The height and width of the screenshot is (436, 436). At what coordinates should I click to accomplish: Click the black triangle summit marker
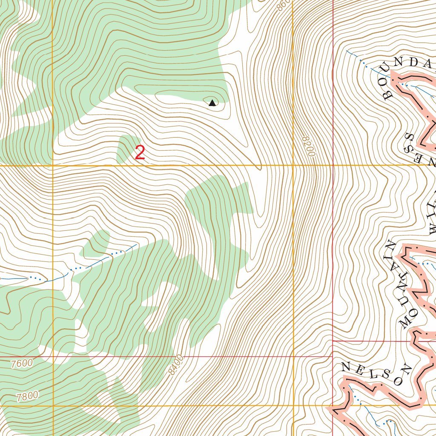(x=212, y=103)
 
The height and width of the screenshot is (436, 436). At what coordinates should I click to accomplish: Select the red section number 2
(x=140, y=153)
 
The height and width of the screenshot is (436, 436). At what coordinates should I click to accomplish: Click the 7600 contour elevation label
(x=22, y=364)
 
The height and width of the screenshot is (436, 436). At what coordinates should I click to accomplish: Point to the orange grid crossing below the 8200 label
(x=293, y=165)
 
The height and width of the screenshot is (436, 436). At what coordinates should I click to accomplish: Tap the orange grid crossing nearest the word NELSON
(x=293, y=406)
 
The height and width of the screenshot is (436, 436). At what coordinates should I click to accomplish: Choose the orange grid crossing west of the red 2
(x=52, y=165)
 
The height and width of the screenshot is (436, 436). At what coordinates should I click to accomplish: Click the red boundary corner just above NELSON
(x=332, y=341)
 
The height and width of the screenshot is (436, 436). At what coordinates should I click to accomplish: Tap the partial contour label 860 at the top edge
(x=283, y=5)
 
